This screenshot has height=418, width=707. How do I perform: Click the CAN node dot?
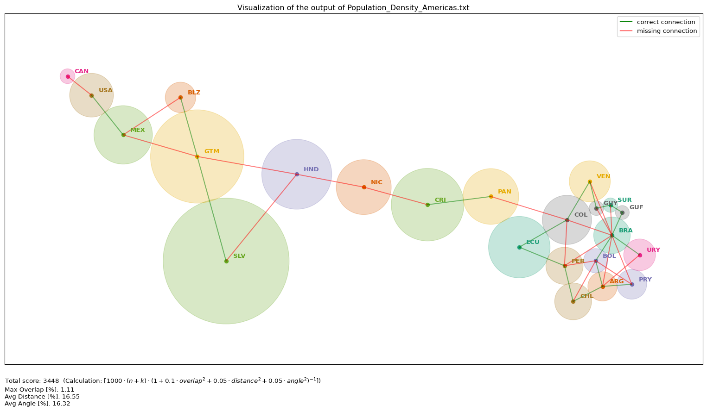(68, 76)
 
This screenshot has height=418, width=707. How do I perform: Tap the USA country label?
(106, 90)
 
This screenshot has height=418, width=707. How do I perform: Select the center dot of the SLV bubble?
(226, 261)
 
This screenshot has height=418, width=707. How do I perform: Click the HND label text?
(311, 169)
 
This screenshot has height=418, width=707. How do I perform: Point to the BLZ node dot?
(180, 97)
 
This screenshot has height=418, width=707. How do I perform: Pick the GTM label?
(212, 151)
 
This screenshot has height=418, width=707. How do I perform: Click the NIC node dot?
(364, 187)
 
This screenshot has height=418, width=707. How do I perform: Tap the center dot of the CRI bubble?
(427, 205)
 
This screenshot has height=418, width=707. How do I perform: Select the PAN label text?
(504, 192)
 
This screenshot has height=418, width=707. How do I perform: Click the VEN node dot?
(590, 181)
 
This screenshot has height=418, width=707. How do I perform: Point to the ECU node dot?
(519, 247)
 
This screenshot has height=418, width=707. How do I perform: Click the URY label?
(653, 250)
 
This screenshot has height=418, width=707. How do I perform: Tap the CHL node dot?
(573, 301)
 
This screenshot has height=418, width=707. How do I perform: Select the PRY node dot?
(632, 284)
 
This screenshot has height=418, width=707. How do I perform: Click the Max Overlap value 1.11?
(67, 390)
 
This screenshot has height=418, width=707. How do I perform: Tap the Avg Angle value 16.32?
(62, 404)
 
